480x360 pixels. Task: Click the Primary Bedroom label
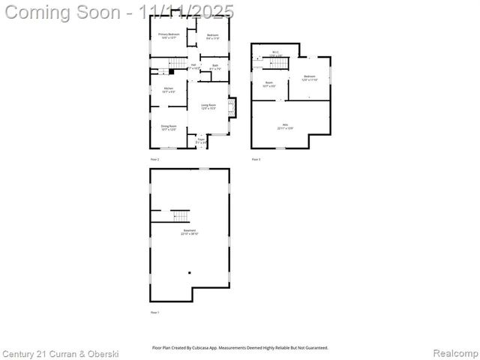pos(168,35)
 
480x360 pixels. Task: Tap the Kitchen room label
pos(169,91)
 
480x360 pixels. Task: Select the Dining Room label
pos(169,127)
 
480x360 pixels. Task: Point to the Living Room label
pos(208,106)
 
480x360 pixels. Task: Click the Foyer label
pos(201,140)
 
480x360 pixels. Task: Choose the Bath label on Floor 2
pos(215,67)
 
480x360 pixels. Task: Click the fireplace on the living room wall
pos(232,107)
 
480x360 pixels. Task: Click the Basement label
pos(190,232)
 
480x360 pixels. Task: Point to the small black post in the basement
pos(190,272)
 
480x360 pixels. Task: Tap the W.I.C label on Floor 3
pos(276,52)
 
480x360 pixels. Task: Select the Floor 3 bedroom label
pos(310,77)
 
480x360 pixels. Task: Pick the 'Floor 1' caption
pos(155,312)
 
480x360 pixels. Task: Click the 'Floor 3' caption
pos(256,159)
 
